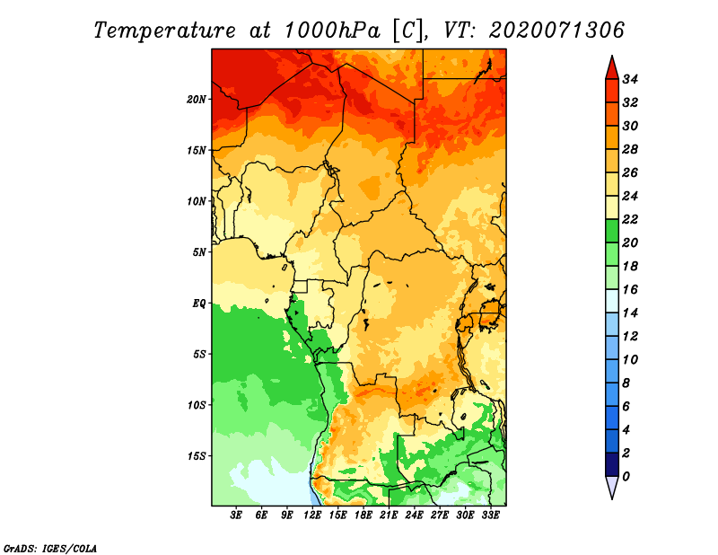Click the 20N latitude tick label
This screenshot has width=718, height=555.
[x=197, y=100]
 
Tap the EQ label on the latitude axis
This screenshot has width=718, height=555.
[x=198, y=304]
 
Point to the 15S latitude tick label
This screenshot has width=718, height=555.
[x=197, y=456]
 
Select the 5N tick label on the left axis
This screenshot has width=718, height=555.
[x=199, y=252]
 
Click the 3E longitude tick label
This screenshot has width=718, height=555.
[x=236, y=515]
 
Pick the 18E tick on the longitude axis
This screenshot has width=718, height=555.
[x=363, y=515]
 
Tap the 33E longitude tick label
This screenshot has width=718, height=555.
[x=490, y=515]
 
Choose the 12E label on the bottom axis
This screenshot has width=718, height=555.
[x=312, y=515]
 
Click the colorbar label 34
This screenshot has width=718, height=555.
[x=630, y=79]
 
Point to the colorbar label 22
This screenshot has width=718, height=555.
[x=630, y=219]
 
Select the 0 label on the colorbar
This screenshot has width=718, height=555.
[x=626, y=477]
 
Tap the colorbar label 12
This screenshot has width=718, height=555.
[x=630, y=337]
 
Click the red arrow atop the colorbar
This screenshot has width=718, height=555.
[x=612, y=68]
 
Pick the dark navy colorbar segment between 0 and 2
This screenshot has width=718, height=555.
[x=612, y=464]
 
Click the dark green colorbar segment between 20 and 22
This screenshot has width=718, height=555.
[x=612, y=231]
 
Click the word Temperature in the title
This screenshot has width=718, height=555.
[x=165, y=31]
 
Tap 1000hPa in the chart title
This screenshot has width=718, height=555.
[x=332, y=31]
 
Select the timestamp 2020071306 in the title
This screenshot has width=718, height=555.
[x=556, y=31]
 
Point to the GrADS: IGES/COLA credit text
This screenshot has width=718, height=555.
[x=50, y=549]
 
